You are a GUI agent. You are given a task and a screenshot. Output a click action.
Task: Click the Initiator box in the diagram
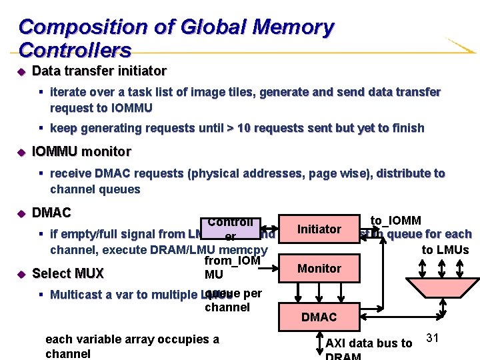(x=319, y=229)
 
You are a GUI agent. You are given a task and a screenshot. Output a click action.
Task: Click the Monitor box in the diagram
(x=319, y=268)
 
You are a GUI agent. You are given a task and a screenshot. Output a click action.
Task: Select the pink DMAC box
(x=319, y=317)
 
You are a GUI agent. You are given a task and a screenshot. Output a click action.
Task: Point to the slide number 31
(x=432, y=338)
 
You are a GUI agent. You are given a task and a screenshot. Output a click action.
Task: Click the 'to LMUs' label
(x=445, y=250)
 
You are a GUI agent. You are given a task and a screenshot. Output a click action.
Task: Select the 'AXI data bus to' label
(x=369, y=343)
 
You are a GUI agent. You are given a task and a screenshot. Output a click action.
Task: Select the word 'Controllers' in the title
(x=75, y=50)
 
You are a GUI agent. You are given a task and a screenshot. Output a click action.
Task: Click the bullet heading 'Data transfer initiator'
(x=99, y=71)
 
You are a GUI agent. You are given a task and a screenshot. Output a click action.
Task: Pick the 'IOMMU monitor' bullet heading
(x=81, y=151)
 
